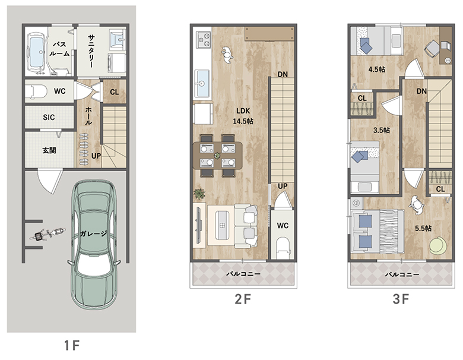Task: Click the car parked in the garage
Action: coord(94,245)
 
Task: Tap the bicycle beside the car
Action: coord(47,235)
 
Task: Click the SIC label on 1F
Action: coord(49,118)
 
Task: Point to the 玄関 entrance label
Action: coord(49,150)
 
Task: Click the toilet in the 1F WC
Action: coord(36,91)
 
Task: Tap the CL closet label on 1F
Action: coord(115,92)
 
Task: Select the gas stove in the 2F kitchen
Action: coord(204,40)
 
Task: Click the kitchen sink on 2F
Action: coord(202,83)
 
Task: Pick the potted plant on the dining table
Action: coord(217,155)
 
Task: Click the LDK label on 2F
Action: coord(243,111)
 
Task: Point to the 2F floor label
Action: coord(243,299)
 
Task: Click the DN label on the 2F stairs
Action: coord(283,74)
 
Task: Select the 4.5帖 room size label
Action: coord(376,70)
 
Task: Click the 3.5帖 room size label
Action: coord(381,130)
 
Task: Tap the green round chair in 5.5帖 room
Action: coord(438,245)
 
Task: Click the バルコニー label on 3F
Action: coord(402,274)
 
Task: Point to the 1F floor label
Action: coord(72,345)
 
